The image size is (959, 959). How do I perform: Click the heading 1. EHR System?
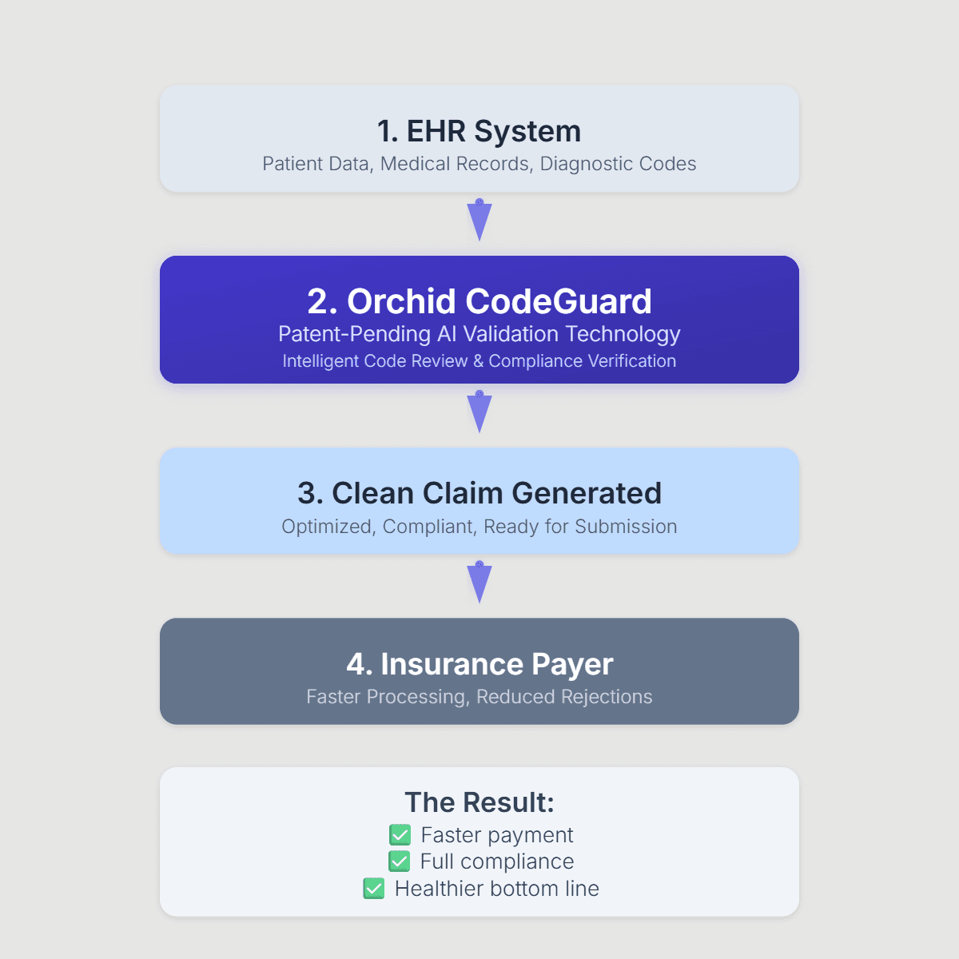click(479, 131)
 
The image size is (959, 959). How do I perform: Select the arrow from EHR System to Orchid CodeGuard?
click(479, 220)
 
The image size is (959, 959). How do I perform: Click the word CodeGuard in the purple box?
click(559, 301)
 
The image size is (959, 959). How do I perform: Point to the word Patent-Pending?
click(354, 334)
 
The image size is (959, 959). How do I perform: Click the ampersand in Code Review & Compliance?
click(478, 361)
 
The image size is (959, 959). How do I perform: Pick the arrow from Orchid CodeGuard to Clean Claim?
click(479, 412)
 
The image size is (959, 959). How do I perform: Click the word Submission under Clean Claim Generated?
click(626, 527)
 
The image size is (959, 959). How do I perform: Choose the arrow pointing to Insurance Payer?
click(479, 583)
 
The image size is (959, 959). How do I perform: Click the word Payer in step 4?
click(572, 665)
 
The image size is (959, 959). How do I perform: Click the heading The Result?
click(479, 802)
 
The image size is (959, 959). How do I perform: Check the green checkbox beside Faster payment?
click(400, 835)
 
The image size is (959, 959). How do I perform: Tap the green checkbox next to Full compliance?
click(399, 862)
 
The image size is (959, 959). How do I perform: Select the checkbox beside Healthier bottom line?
click(374, 889)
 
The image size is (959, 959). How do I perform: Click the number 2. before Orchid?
click(323, 301)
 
